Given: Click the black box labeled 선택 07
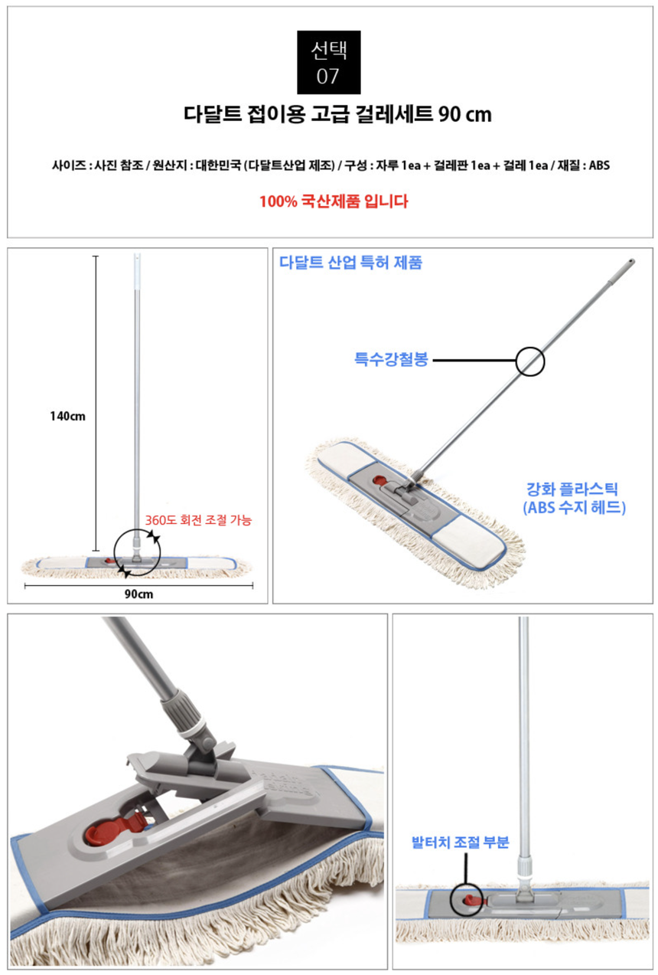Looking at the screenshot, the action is click(328, 62).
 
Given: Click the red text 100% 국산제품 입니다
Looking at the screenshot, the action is click(334, 201).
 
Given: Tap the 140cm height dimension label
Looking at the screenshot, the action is click(67, 416).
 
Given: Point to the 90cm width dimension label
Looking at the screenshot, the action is click(138, 594).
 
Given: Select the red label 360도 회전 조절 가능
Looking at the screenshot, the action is click(198, 520).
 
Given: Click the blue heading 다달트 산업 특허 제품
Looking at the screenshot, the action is click(350, 263).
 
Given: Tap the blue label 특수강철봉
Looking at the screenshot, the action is click(392, 359).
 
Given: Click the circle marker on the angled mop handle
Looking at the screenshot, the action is click(530, 348).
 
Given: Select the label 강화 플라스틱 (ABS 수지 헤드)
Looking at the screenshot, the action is click(574, 499).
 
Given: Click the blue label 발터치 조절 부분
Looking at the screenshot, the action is click(460, 842).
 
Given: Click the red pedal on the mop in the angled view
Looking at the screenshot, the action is click(379, 480).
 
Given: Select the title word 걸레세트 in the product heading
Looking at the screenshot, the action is click(393, 114).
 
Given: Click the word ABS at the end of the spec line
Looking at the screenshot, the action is click(599, 165).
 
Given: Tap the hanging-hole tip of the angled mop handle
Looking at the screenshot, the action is click(631, 262).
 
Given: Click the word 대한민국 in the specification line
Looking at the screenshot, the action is click(218, 165).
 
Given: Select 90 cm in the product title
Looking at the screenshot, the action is click(465, 114).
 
